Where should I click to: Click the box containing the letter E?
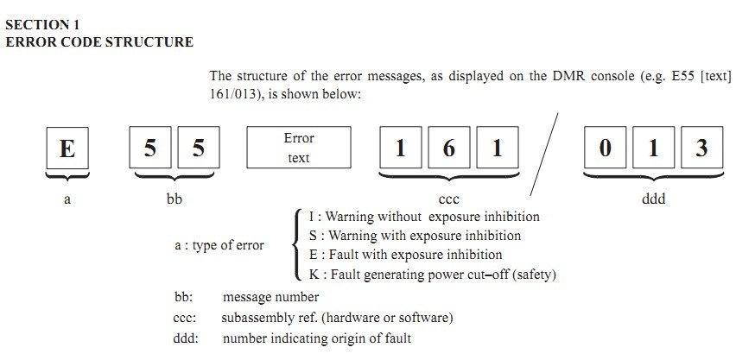click(x=67, y=148)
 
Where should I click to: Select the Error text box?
click(x=299, y=148)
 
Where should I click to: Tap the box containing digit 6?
click(x=448, y=148)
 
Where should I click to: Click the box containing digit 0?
click(x=605, y=148)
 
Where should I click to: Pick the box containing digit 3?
click(x=701, y=148)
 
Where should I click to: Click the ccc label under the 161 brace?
click(x=448, y=199)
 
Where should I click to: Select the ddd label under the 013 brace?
click(x=653, y=199)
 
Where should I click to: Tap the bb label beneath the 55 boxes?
click(x=174, y=199)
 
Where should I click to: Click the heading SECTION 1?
click(x=43, y=25)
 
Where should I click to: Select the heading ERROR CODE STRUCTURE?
click(x=99, y=41)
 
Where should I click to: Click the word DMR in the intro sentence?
click(x=568, y=76)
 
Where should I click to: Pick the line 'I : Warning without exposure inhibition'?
click(x=423, y=217)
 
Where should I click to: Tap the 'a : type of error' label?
click(x=219, y=245)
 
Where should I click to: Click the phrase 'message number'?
click(x=270, y=297)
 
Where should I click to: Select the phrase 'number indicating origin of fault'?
click(x=316, y=338)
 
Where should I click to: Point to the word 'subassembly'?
click(x=257, y=317)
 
